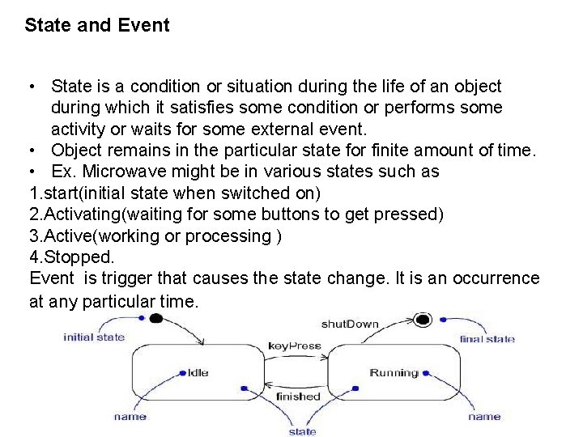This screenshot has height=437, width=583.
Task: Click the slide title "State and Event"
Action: pos(97,25)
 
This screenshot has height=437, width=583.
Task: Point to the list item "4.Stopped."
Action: pos(72,257)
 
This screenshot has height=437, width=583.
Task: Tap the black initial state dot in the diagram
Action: pos(155,319)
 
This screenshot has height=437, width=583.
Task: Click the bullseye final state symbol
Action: pos(421,319)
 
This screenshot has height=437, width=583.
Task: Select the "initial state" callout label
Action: pos(94,337)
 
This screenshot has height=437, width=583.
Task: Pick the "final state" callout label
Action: pos(487,339)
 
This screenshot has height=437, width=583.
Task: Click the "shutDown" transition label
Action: pos(350,325)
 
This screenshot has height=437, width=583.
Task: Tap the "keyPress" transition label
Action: pos(295,346)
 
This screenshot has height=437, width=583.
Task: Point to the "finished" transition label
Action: pos(298,397)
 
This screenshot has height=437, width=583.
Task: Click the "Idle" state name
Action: pos(198,373)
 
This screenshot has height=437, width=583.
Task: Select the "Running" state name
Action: pos(394,373)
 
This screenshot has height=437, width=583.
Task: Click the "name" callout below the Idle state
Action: pos(130,417)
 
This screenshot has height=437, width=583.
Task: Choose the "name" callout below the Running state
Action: pos(484,417)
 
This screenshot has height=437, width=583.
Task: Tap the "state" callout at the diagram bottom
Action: pos(302,431)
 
